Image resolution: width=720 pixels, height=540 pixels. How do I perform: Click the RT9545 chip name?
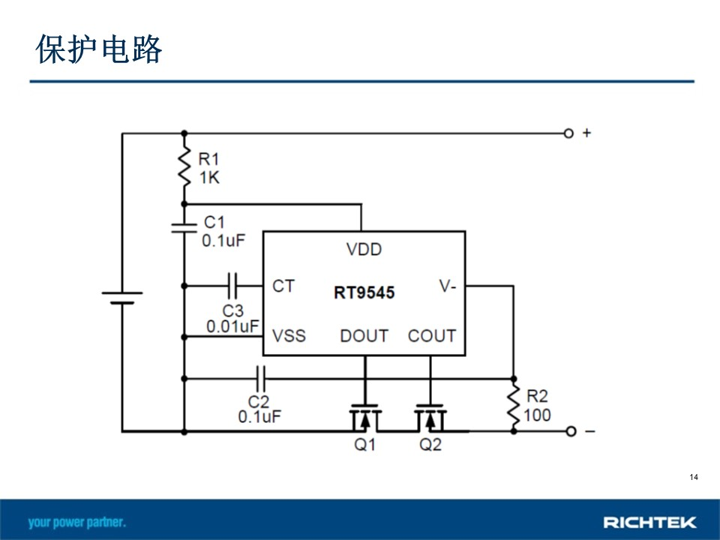click(364, 292)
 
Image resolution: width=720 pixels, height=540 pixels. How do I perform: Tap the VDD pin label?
click(364, 249)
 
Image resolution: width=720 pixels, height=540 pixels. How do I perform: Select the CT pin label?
click(283, 286)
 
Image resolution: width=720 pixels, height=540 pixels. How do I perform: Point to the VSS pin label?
click(289, 336)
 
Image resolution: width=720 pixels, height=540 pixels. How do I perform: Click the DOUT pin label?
click(364, 336)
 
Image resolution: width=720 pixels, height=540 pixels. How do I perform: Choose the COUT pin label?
click(432, 336)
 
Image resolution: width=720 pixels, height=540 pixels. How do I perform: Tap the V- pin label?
click(447, 286)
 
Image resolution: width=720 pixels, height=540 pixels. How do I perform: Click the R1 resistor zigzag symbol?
click(184, 167)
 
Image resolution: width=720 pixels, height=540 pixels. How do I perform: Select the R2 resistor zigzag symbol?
click(514, 406)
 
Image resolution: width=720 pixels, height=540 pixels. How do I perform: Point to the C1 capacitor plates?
click(184, 228)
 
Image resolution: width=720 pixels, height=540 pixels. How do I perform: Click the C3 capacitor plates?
click(232, 286)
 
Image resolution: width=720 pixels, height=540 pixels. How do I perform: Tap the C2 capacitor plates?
click(260, 379)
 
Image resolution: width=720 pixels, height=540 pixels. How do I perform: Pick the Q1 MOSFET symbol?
click(365, 418)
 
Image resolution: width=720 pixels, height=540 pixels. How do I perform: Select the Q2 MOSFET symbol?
click(430, 418)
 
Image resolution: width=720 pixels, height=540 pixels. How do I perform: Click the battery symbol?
click(122, 298)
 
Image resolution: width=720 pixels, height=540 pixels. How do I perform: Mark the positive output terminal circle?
click(568, 133)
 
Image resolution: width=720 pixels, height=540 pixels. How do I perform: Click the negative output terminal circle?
click(571, 431)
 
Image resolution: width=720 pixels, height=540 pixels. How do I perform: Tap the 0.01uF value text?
click(232, 326)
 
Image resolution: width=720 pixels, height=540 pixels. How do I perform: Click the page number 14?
click(694, 477)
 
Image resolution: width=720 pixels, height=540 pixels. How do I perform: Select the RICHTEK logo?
click(649, 522)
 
